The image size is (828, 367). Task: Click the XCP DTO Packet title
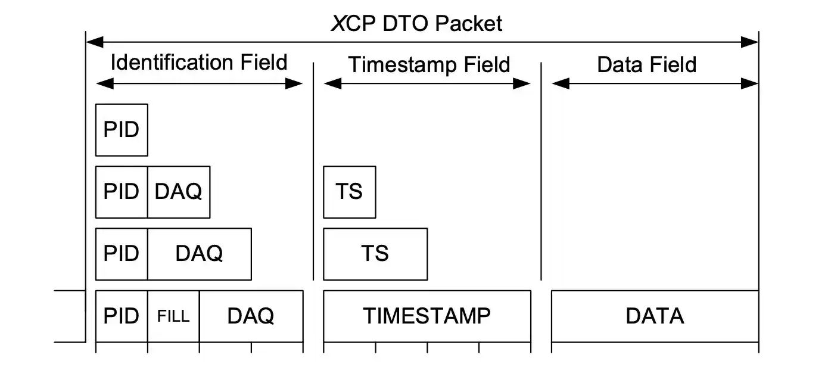click(x=417, y=23)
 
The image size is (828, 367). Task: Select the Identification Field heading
click(x=199, y=62)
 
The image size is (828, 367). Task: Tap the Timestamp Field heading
click(x=429, y=64)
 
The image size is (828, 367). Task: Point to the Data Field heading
click(x=647, y=64)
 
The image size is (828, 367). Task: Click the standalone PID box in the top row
click(x=122, y=130)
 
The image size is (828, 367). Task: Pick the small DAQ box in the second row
click(x=179, y=192)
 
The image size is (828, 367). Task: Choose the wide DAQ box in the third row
click(x=199, y=254)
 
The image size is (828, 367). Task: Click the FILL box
click(x=173, y=316)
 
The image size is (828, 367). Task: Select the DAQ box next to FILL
click(x=251, y=316)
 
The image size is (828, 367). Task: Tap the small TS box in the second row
click(x=349, y=192)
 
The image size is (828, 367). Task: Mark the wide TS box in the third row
click(x=375, y=254)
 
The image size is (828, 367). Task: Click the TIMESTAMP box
click(x=427, y=316)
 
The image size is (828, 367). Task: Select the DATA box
click(x=655, y=316)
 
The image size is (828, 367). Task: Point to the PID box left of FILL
click(x=122, y=316)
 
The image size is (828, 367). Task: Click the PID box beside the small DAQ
click(x=122, y=192)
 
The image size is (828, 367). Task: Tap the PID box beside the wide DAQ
click(x=122, y=254)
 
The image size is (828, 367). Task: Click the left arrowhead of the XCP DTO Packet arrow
click(x=94, y=42)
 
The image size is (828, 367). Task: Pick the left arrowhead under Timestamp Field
click(x=332, y=84)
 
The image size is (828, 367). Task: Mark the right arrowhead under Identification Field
click(x=294, y=84)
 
